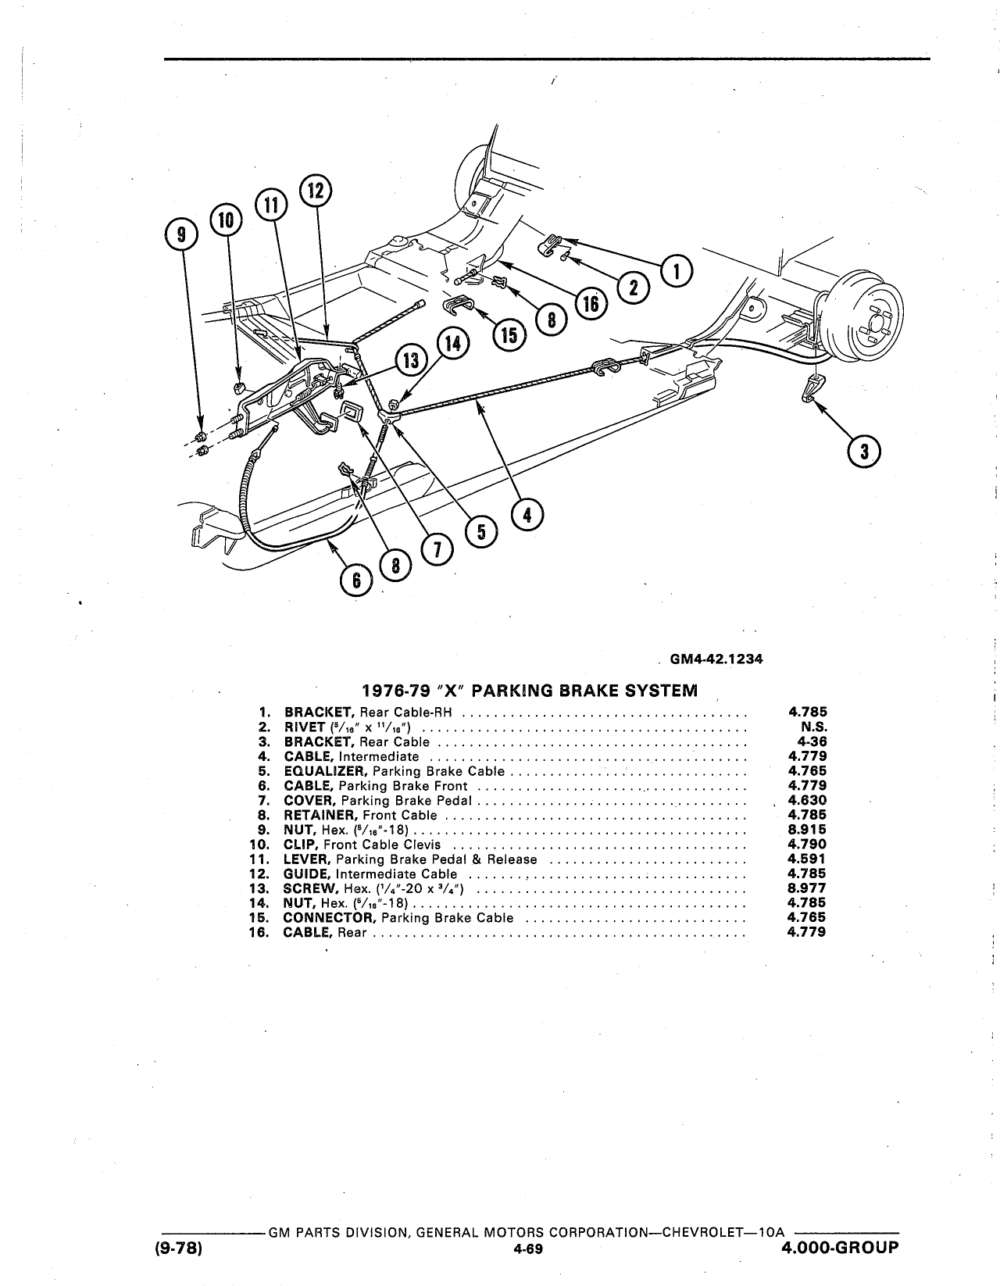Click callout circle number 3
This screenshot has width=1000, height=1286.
(x=864, y=452)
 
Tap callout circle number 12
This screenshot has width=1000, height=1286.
(x=316, y=191)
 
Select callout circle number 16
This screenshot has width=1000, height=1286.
(x=591, y=304)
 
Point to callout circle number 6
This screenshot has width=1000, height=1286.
(x=356, y=581)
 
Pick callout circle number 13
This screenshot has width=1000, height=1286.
(x=411, y=360)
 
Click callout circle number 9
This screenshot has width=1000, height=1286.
(x=182, y=235)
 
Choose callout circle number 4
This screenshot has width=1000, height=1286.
(x=527, y=514)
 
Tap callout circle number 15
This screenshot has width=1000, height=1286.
(x=509, y=335)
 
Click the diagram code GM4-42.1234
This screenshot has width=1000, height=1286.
(x=716, y=659)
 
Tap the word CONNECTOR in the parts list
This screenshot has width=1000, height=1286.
(x=330, y=918)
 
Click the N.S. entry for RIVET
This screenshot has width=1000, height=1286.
(x=814, y=727)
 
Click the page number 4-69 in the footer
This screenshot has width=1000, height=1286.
(x=528, y=1248)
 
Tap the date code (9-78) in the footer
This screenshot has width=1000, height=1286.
(x=179, y=1248)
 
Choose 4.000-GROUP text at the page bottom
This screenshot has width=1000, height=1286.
(x=840, y=1248)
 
